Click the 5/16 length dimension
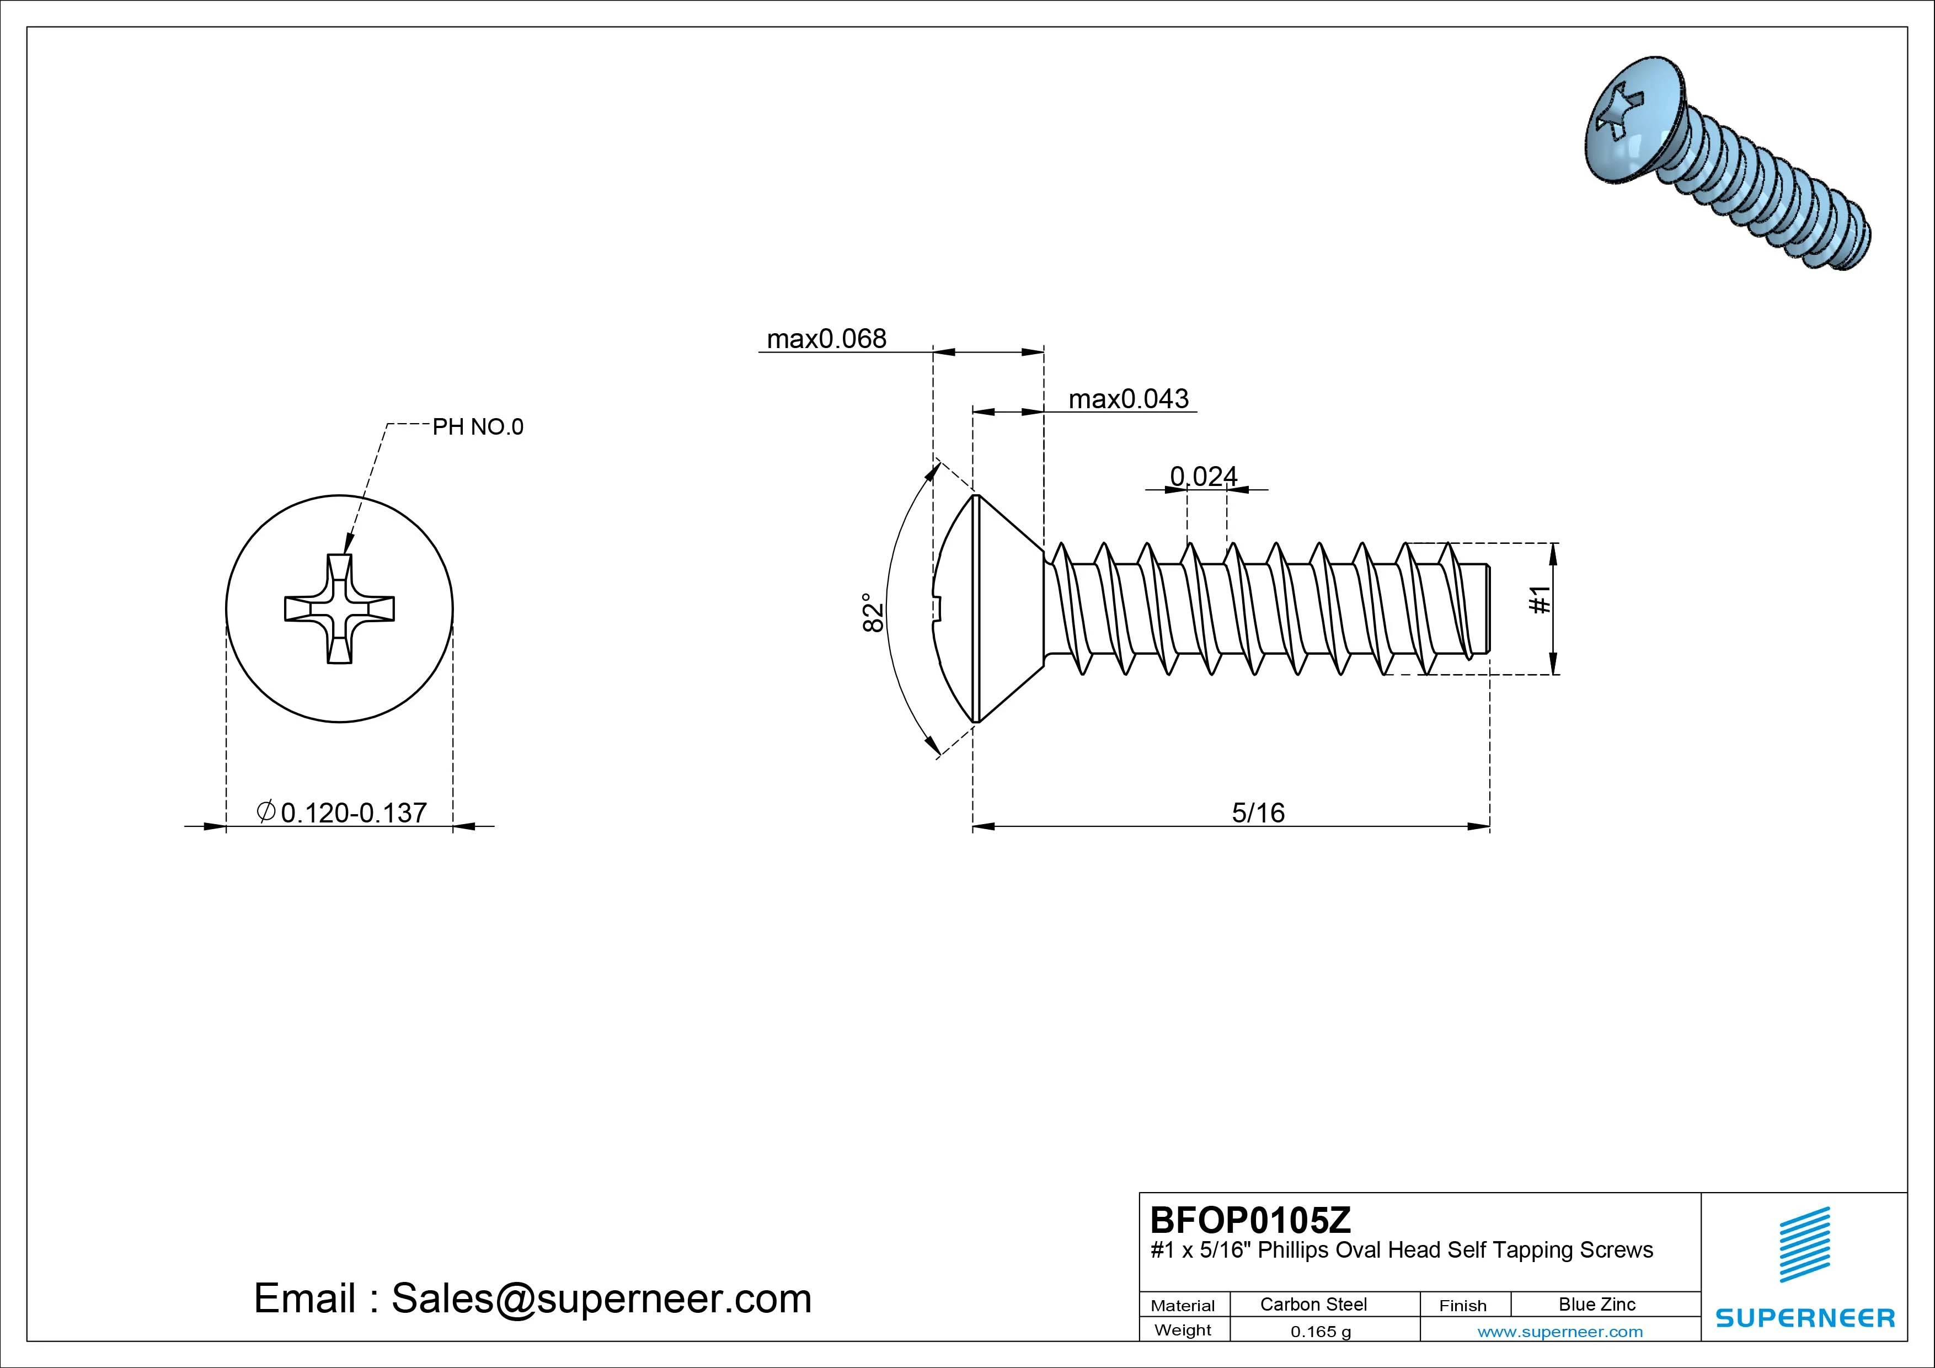(x=1258, y=813)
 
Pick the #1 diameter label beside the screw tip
(x=1539, y=600)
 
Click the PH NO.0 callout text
(x=477, y=427)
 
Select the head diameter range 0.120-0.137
(x=352, y=813)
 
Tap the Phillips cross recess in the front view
(x=339, y=608)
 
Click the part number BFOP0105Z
(x=1250, y=1220)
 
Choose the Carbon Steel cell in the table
(x=1313, y=1304)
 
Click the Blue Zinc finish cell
(x=1596, y=1304)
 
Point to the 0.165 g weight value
(x=1320, y=1332)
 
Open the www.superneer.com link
(x=1559, y=1332)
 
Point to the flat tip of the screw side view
(x=1488, y=608)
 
